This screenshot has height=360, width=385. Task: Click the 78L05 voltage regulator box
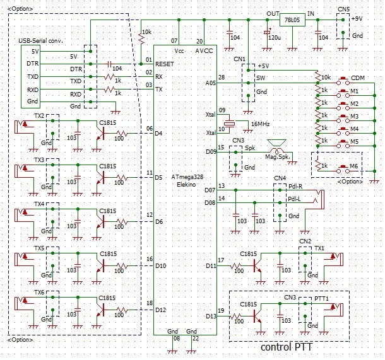click(x=291, y=21)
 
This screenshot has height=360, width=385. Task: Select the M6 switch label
click(x=355, y=166)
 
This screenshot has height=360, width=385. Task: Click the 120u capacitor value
click(x=273, y=38)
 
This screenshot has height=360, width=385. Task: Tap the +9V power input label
click(x=357, y=19)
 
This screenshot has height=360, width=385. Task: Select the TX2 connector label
click(x=38, y=117)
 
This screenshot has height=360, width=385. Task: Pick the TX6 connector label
click(x=38, y=293)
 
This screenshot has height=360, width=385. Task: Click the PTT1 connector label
click(x=322, y=297)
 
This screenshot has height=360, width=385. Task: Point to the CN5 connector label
click(x=343, y=9)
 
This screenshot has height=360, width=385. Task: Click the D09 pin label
click(x=210, y=151)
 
